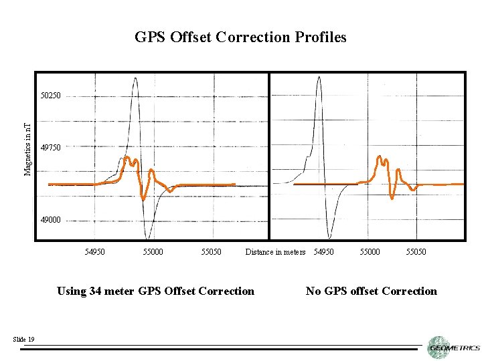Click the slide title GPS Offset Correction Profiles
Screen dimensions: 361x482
click(240, 37)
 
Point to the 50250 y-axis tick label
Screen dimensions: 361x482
click(50, 96)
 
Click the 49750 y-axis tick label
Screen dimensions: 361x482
click(50, 147)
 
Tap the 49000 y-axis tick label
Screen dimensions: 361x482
click(50, 219)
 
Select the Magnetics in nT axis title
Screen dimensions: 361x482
click(27, 149)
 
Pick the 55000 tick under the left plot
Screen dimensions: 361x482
click(153, 252)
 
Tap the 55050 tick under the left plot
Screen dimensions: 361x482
click(211, 252)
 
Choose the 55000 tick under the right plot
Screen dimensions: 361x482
click(370, 252)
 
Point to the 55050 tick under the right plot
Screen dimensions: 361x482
click(416, 252)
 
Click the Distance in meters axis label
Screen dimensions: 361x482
click(275, 252)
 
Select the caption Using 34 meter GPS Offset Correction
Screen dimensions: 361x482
click(156, 291)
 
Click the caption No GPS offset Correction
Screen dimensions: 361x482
click(371, 291)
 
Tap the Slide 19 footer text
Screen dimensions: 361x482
click(23, 340)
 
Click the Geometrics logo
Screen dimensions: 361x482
click(454, 347)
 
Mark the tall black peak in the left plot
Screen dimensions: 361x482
click(136, 79)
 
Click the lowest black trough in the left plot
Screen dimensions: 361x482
click(147, 237)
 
